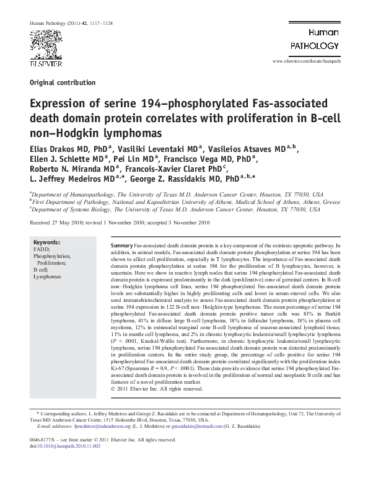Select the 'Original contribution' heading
click(x=62, y=82)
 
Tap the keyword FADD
click(x=40, y=249)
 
